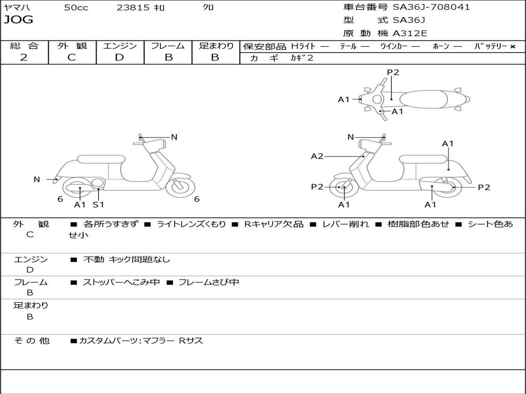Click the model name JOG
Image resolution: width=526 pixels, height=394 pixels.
pos(18,20)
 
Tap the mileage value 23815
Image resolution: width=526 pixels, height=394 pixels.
pos(134,8)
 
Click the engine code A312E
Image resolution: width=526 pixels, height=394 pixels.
pos(410,34)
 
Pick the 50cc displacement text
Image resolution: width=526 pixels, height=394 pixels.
pos(76,8)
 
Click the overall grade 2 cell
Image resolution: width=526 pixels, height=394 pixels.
pos(24,57)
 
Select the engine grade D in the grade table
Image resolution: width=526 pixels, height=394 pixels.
pos(119,57)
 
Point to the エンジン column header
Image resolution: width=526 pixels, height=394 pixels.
pos(120,46)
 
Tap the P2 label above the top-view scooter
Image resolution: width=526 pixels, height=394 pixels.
pos(393,72)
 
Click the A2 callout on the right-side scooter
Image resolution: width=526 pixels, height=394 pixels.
pos(317,156)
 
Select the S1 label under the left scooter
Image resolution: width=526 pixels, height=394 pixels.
pos(98,205)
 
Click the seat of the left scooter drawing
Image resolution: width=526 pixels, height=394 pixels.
pos(100,160)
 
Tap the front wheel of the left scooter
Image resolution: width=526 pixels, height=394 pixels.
pos(180,186)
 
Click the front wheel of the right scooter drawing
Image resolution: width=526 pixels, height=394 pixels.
pos(343,188)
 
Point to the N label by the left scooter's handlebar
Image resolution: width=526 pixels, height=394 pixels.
pos(174,137)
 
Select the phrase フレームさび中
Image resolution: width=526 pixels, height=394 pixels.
pos(208,282)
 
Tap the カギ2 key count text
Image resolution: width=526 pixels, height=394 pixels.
pos(302,58)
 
